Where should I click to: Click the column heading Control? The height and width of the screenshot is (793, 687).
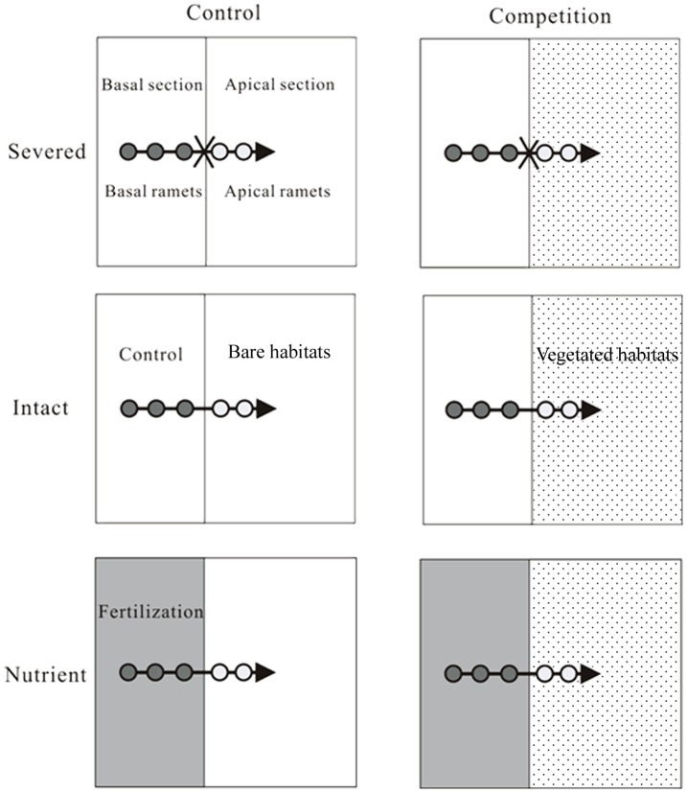pos(224,13)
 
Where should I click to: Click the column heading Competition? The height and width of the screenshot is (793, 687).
pos(549,16)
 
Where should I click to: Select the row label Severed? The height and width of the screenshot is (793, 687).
pos(45,152)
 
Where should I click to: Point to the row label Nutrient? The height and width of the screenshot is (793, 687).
pos(45,674)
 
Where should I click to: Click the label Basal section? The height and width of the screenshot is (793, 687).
pos(152,84)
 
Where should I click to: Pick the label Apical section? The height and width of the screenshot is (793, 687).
pos(280,84)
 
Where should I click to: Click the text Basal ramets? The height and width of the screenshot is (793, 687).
pos(151,192)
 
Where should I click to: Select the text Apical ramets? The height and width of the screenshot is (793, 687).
pos(278,192)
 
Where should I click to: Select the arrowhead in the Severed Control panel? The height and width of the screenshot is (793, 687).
pos(265,152)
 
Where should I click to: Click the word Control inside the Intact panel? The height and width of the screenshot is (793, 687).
pos(150,355)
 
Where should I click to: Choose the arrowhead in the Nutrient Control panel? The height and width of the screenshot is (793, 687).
pos(265,673)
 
